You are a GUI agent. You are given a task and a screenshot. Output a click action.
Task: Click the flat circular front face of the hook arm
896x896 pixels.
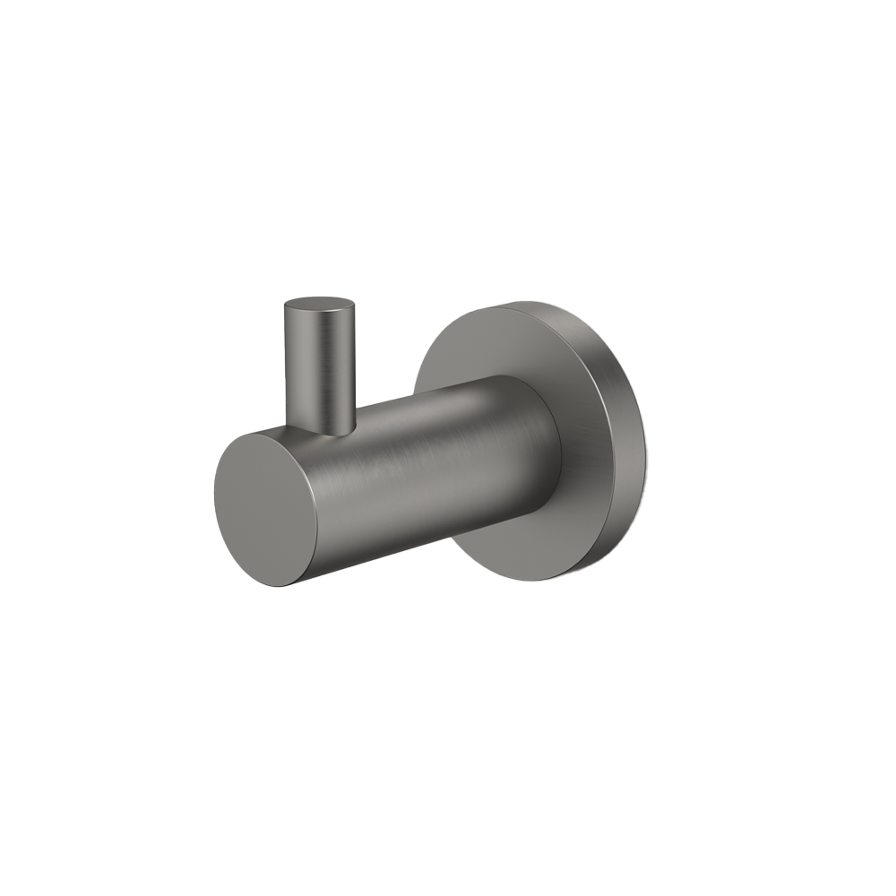pyautogui.click(x=265, y=509)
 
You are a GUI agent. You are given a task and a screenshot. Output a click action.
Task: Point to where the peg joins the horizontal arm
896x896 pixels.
pyautogui.click(x=321, y=428)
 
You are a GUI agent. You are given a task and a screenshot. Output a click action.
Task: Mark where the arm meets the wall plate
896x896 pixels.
pyautogui.click(x=557, y=448)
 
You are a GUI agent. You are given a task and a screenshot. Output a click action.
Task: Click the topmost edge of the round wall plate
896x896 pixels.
pyautogui.click(x=529, y=302)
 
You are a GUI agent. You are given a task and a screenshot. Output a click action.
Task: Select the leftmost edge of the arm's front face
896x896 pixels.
pyautogui.click(x=215, y=502)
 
